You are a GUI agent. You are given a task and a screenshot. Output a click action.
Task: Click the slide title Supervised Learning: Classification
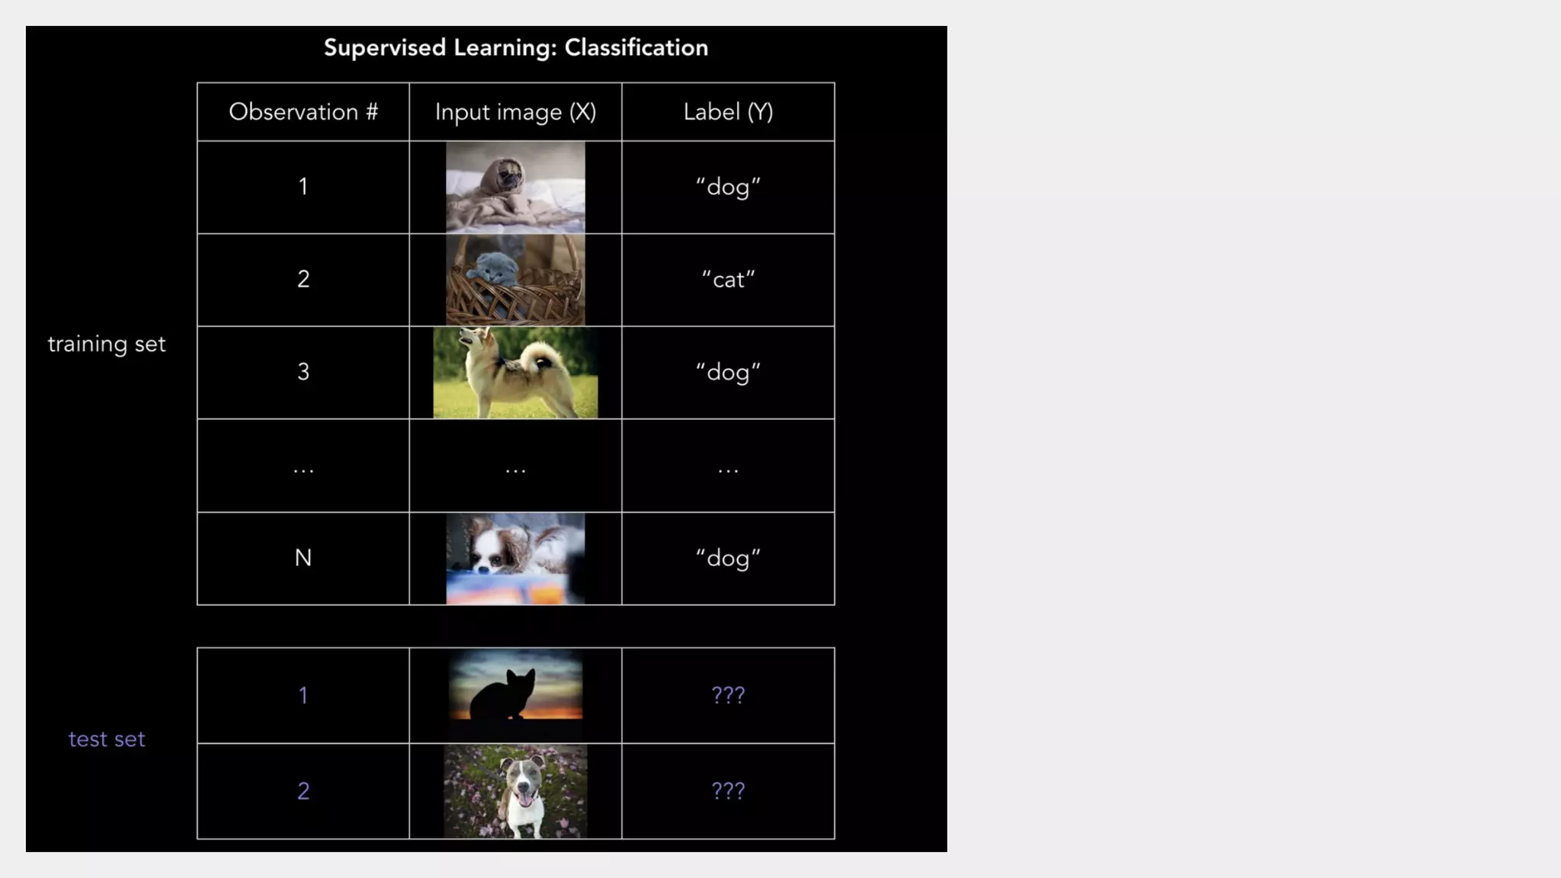pos(515,47)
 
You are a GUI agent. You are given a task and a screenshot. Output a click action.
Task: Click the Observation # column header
pos(303,112)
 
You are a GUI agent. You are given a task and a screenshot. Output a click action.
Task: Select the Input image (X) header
pos(515,112)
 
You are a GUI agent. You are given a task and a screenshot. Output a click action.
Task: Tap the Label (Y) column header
pos(728,112)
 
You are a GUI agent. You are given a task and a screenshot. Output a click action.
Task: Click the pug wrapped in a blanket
pos(515,187)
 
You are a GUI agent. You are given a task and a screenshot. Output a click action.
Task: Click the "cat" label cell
pos(728,280)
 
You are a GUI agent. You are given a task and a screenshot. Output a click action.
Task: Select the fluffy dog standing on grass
pos(515,373)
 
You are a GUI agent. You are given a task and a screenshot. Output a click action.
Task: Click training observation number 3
pos(303,372)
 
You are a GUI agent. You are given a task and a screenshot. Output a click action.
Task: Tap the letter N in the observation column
pos(303,558)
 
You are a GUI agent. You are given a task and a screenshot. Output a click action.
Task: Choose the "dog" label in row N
pos(728,558)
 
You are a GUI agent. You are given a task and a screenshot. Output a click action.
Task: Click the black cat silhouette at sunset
pos(504,694)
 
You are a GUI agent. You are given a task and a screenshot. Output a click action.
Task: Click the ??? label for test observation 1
pos(728,695)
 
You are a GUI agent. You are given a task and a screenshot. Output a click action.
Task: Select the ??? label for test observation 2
pos(728,791)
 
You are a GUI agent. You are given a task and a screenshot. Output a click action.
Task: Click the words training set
pos(107,344)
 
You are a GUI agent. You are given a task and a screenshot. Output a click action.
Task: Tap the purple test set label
pos(107,739)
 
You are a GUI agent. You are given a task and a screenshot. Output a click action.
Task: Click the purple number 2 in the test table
pos(303,791)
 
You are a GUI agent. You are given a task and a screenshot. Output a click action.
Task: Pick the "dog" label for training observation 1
pos(728,187)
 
